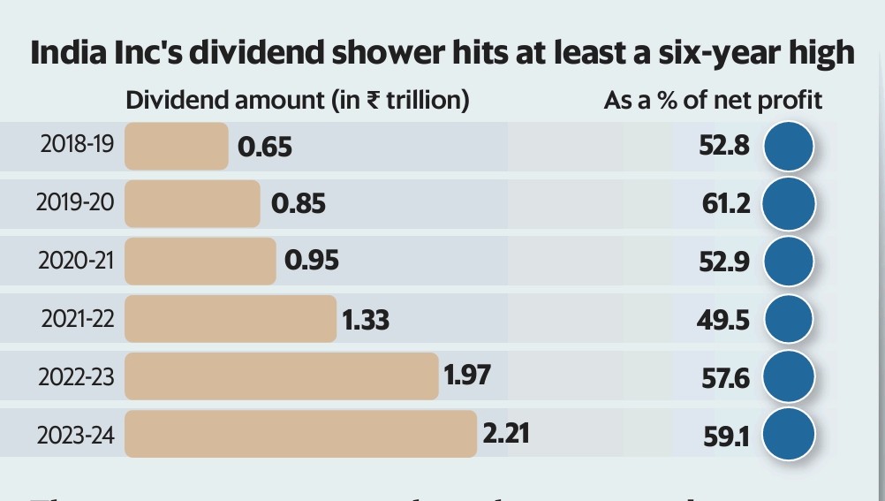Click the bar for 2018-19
[x=177, y=146]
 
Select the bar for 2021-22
[x=231, y=319]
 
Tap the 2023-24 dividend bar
[x=300, y=434]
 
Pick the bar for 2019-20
[x=193, y=203]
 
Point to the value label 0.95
[x=312, y=262]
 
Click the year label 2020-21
[x=76, y=262]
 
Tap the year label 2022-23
[x=76, y=377]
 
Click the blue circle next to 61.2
[x=789, y=203]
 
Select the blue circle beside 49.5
[x=789, y=319]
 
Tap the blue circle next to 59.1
[x=789, y=435]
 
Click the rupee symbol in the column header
[x=374, y=101]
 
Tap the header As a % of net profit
[x=713, y=101]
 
